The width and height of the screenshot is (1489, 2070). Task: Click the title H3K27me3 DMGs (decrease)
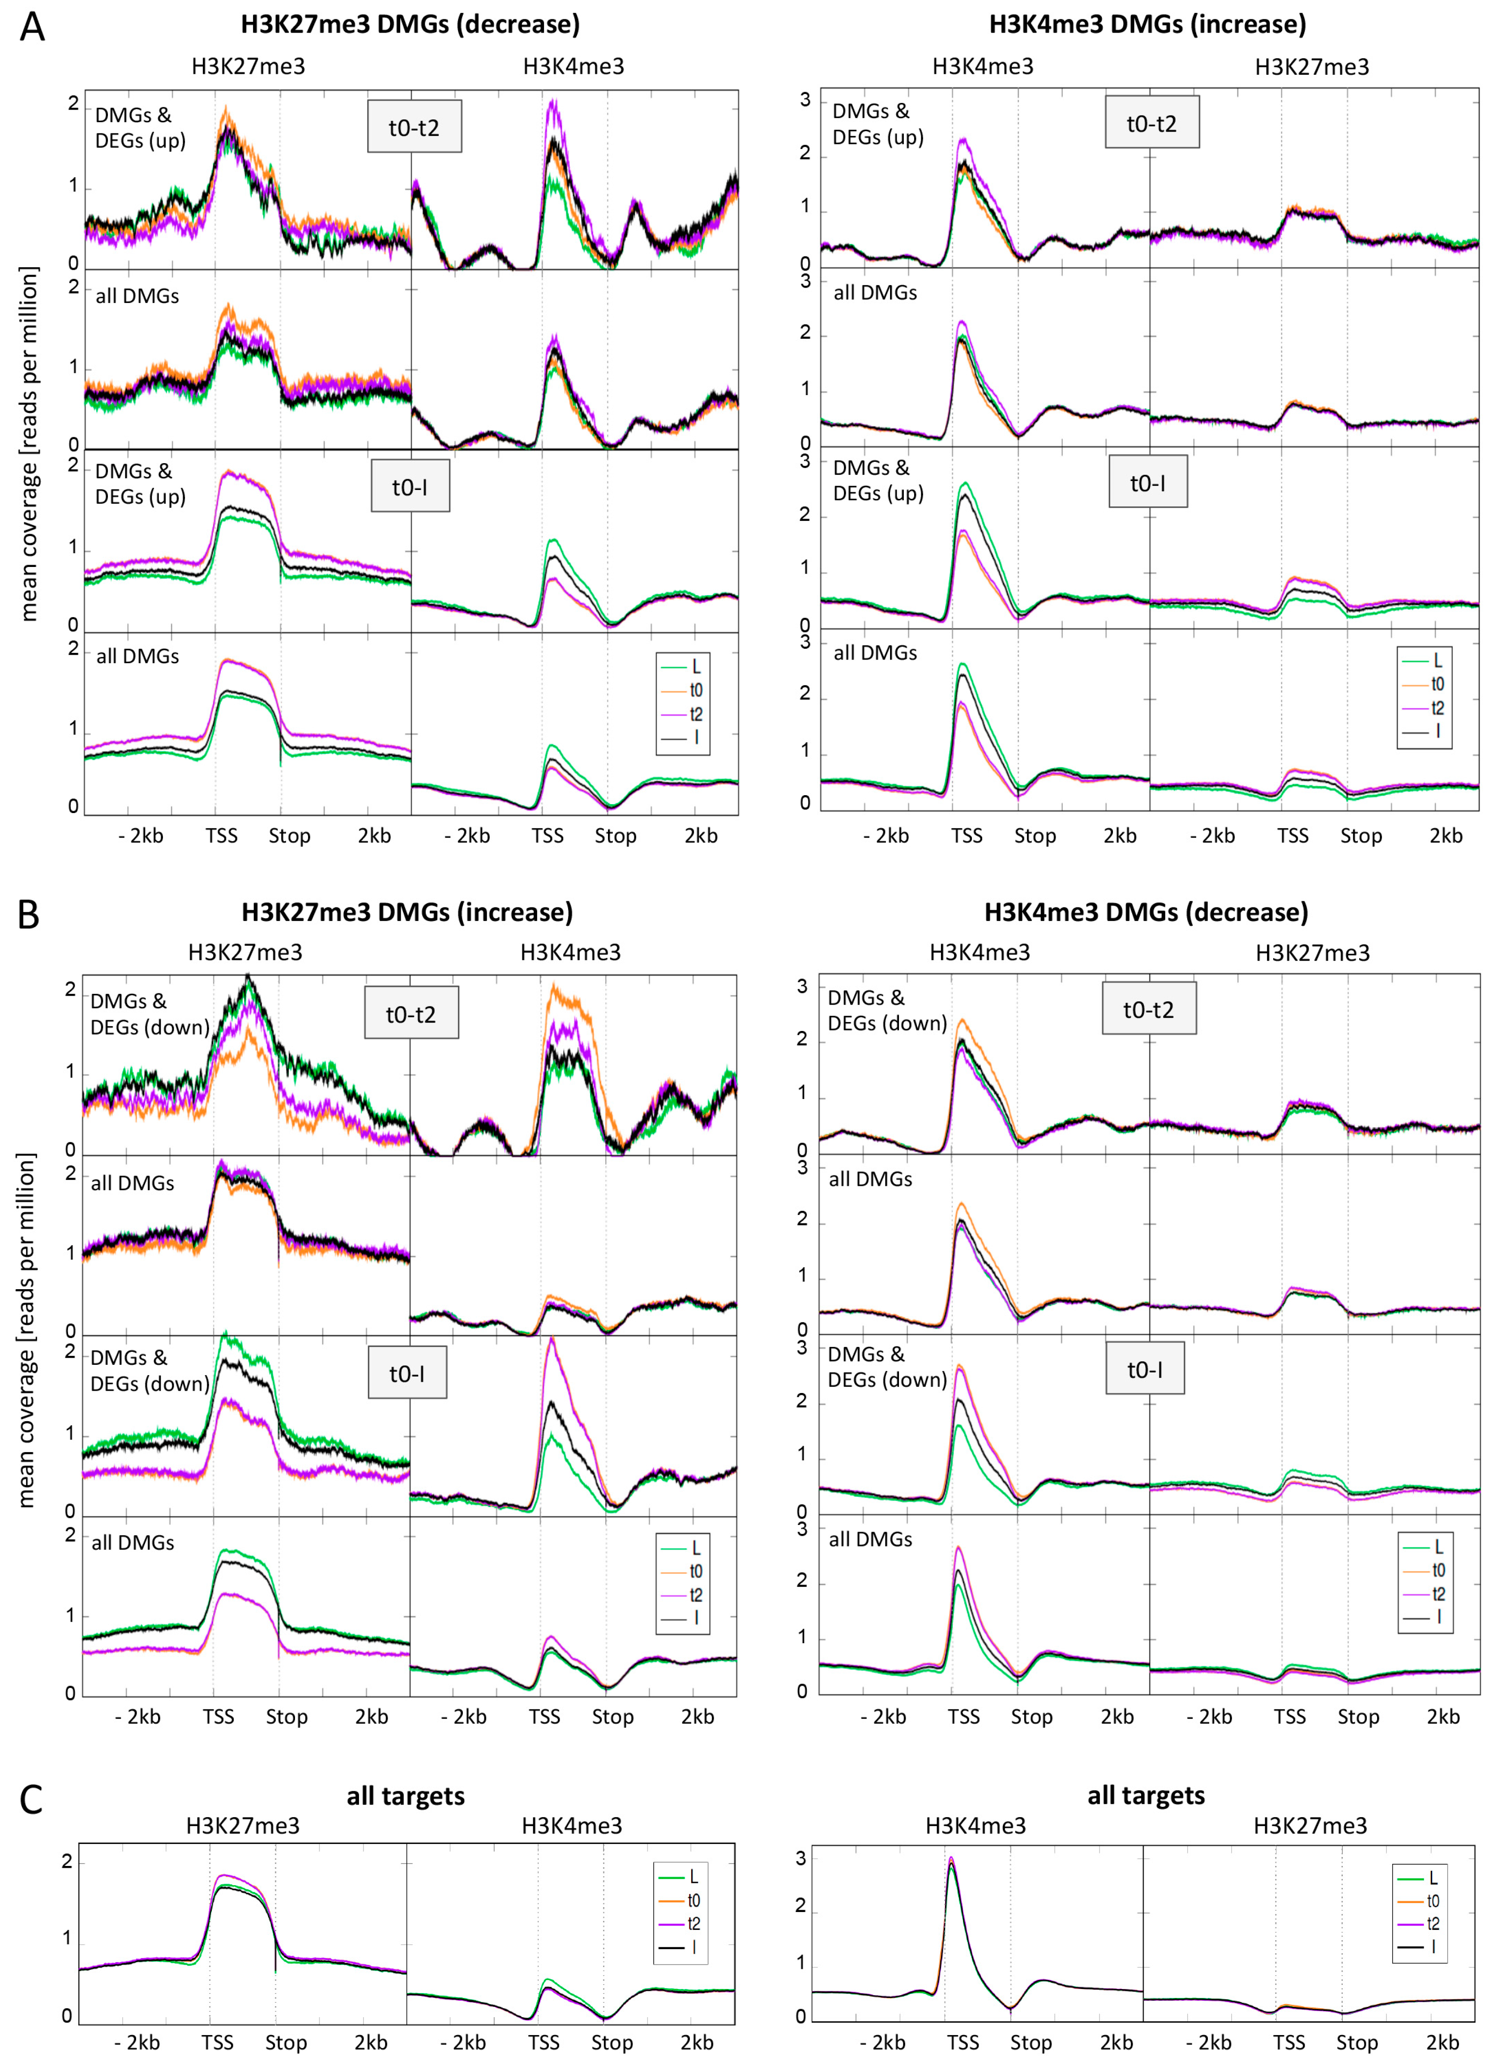(x=410, y=25)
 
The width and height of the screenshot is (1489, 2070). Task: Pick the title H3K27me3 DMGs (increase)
(x=407, y=912)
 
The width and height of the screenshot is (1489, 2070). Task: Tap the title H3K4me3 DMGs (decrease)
(x=1146, y=912)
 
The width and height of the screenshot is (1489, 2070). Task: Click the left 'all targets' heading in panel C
(x=405, y=1795)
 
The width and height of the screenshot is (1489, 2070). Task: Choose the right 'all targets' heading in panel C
(x=1146, y=1795)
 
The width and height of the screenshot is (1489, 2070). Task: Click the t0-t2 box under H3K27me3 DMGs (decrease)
(x=414, y=127)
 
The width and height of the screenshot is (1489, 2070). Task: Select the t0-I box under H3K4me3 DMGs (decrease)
(x=1145, y=1369)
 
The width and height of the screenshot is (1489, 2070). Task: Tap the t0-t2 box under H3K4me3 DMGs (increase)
(x=1151, y=123)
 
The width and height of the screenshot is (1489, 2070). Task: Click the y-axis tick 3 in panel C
(x=800, y=1858)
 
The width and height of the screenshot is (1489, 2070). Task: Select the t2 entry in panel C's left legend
(x=693, y=1923)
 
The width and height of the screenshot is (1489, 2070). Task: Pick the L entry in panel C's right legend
(x=1432, y=1878)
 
